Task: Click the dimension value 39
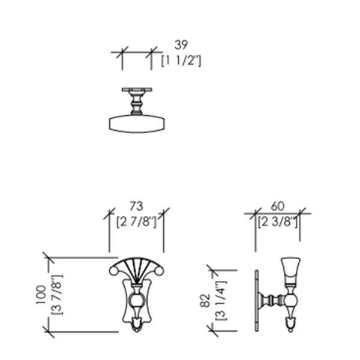(181, 45)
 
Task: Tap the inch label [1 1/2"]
(181, 61)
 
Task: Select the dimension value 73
(136, 206)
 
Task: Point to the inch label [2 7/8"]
(136, 222)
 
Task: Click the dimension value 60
(278, 206)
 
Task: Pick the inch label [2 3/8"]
(278, 222)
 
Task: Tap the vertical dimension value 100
(41, 295)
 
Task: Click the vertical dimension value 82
(205, 301)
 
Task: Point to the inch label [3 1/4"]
(221, 301)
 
